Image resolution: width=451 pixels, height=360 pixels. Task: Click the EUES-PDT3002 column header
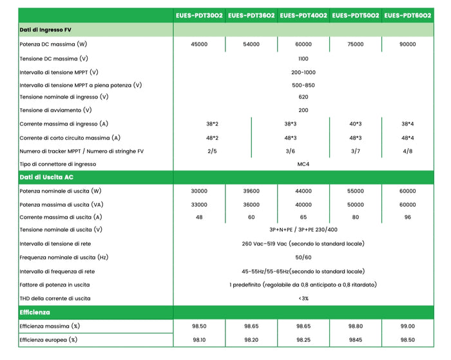199,15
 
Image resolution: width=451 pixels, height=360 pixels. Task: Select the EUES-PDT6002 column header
408,15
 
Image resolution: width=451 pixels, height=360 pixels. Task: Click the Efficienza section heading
35,312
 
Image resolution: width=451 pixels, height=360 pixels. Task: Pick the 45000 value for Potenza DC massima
199,44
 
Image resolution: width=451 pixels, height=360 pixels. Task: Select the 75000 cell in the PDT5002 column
355,44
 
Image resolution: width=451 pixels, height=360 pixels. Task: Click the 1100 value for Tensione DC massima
303,58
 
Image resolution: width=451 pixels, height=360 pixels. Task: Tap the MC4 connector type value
303,164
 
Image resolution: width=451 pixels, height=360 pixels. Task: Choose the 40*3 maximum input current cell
355,124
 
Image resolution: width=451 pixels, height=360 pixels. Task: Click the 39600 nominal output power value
251,191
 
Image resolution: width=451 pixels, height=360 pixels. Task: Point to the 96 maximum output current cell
408,217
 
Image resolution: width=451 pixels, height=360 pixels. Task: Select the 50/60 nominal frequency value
303,257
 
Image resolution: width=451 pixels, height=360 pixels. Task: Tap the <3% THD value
303,298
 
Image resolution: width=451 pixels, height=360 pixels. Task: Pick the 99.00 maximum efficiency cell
408,327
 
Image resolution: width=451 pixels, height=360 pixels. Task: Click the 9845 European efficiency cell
355,339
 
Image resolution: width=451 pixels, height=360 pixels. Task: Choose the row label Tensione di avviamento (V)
55,110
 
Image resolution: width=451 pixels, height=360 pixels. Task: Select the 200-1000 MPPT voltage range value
303,72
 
